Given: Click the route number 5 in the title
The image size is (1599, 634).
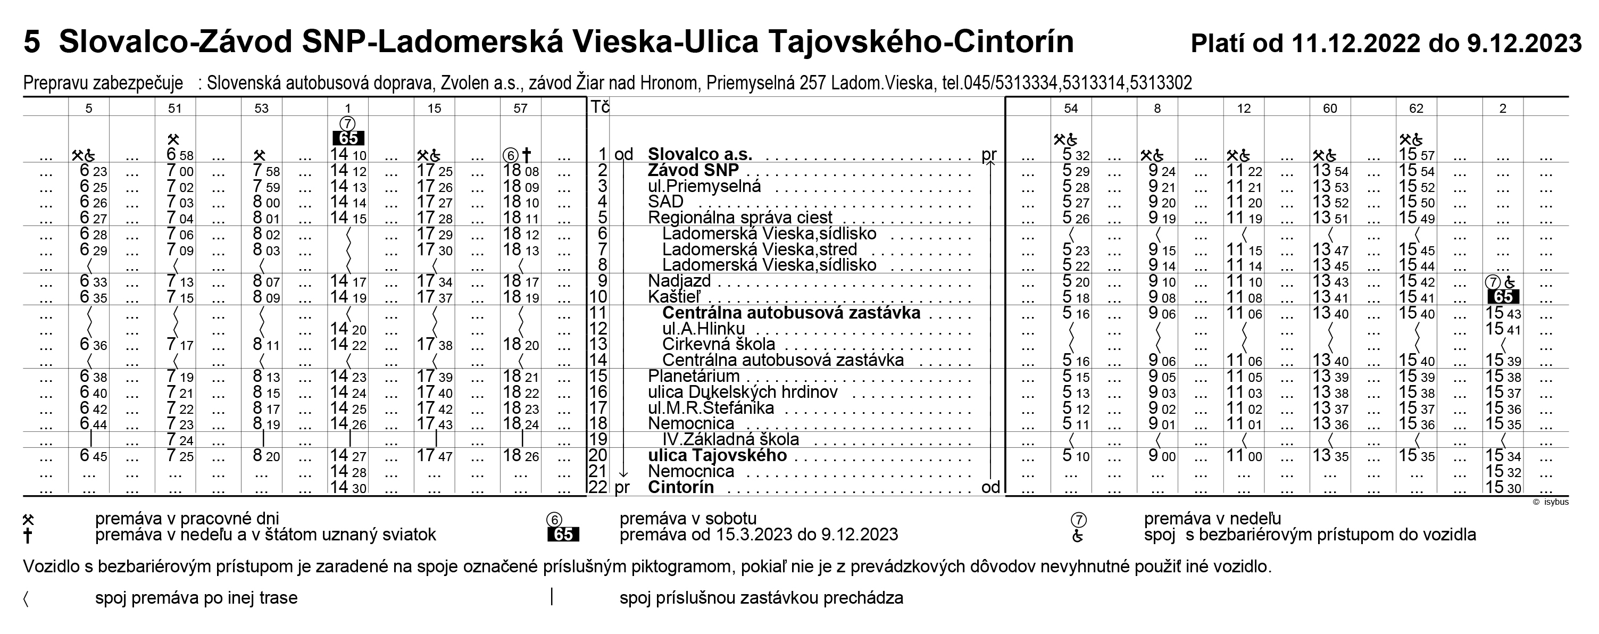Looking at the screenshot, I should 32,42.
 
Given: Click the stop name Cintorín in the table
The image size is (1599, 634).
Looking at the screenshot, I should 680,487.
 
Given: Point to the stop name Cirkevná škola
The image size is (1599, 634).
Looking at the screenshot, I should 718,345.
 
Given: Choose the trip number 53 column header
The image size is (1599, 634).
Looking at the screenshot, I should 261,109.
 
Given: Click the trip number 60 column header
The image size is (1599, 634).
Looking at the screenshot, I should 1330,109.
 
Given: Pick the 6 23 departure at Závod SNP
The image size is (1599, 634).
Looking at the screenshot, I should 93,171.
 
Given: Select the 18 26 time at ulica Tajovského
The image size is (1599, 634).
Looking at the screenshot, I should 520,456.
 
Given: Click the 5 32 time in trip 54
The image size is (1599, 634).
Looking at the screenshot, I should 1076,155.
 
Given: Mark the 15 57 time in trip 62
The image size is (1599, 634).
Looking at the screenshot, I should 1417,155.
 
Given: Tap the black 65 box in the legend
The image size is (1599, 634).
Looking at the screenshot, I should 563,535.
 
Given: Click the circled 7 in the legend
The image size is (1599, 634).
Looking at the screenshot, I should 1079,520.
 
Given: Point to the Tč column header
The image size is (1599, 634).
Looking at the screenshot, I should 599,107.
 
